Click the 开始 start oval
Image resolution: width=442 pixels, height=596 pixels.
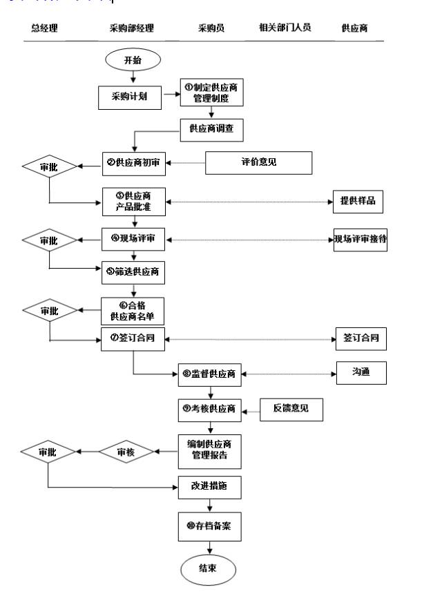(x=132, y=60)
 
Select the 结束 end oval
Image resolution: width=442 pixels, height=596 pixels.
(x=209, y=569)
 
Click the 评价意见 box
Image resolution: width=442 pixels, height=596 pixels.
(x=254, y=163)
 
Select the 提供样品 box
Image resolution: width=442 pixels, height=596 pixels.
(x=356, y=201)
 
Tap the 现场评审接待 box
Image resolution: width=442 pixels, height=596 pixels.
(x=359, y=240)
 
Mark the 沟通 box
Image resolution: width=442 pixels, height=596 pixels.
(x=361, y=373)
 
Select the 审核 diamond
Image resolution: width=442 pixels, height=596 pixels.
(x=125, y=452)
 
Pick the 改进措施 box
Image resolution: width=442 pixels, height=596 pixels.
(x=210, y=487)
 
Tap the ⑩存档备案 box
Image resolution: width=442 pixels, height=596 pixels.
(x=210, y=527)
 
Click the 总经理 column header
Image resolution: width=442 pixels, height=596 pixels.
(x=44, y=28)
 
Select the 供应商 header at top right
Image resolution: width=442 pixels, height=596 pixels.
(x=354, y=28)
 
